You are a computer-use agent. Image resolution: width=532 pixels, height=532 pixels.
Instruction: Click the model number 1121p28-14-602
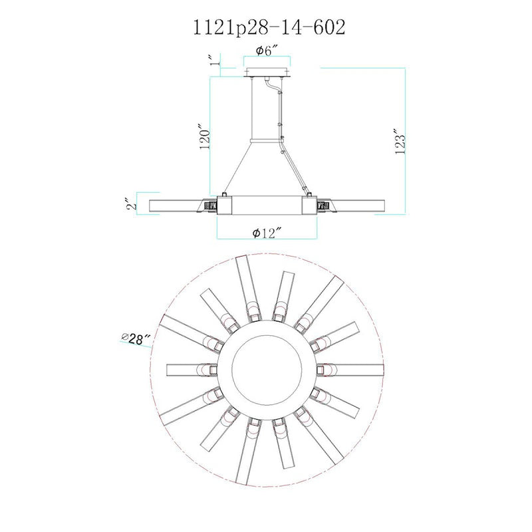pos(269,27)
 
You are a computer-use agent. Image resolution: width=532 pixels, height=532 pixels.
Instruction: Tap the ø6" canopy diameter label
pos(267,51)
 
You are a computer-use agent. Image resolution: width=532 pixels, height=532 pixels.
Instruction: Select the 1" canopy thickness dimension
pos(213,61)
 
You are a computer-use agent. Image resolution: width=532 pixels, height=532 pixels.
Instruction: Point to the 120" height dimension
pos(205,140)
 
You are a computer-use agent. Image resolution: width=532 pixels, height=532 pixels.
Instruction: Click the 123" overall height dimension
pos(400,141)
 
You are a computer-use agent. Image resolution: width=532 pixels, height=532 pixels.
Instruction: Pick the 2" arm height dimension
pos(132,203)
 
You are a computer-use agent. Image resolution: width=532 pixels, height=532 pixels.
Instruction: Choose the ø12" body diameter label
pos(267,233)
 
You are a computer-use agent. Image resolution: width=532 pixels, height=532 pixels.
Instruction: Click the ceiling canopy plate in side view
pos(267,72)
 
